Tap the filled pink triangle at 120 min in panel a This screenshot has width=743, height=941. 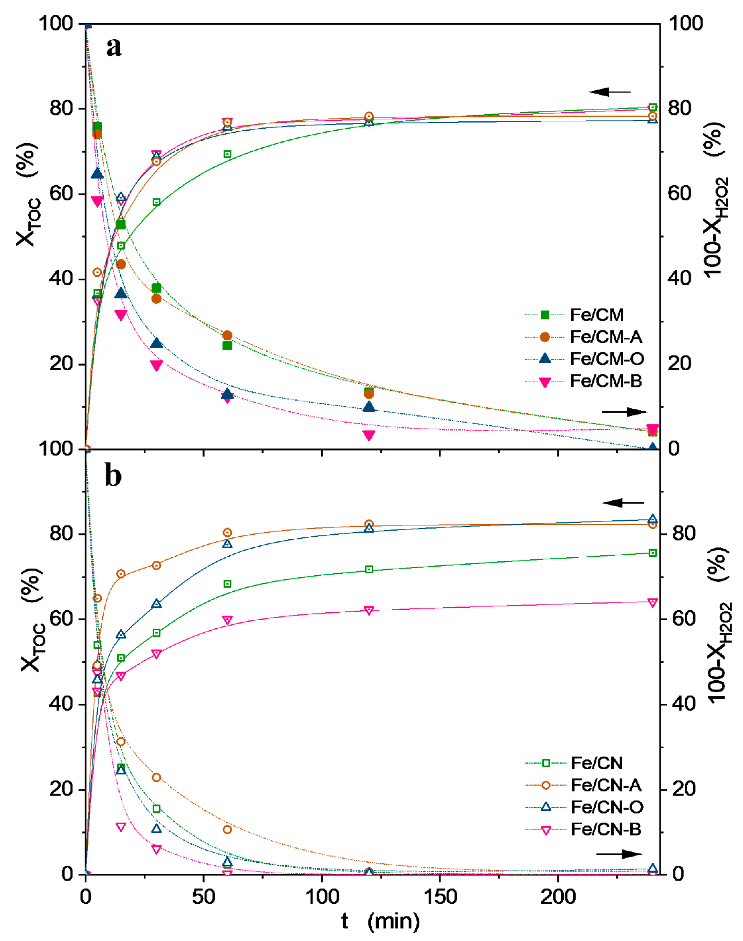pos(369,435)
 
